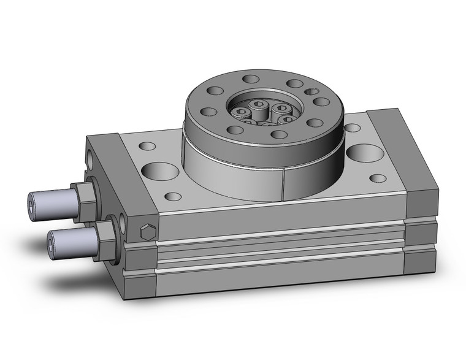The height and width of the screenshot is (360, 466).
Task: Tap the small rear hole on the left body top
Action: [x=148, y=147]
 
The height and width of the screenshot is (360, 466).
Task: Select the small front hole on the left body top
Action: [x=174, y=197]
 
